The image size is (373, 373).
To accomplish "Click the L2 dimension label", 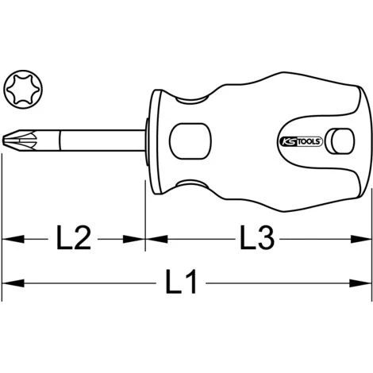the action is [x=74, y=237].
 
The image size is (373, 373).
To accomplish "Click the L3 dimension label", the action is [x=257, y=237].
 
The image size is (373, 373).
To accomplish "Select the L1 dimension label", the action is [x=181, y=282].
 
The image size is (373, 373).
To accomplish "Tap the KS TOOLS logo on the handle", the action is [x=301, y=141].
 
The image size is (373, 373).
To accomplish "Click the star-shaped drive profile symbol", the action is [x=23, y=89].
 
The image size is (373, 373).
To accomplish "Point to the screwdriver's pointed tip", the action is [x=3, y=140].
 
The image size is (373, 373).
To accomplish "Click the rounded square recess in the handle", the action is [x=190, y=141].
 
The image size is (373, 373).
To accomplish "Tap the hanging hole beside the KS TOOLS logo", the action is [x=340, y=141].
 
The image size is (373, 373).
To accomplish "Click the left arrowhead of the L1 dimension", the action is [x=13, y=283].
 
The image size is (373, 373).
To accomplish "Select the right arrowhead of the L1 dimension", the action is [x=360, y=283].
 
